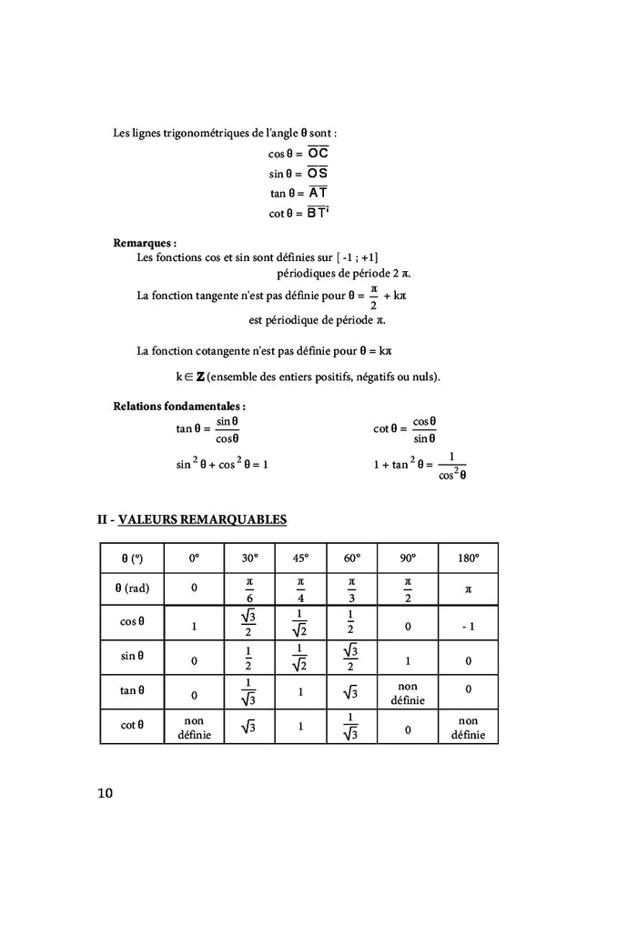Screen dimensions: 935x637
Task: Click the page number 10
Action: click(x=105, y=794)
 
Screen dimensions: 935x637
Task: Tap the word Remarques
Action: click(x=144, y=243)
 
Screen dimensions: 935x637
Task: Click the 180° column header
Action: click(x=468, y=558)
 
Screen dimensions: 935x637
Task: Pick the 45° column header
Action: click(x=300, y=558)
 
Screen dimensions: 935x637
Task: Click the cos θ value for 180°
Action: click(x=468, y=626)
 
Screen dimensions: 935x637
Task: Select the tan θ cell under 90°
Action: click(x=407, y=693)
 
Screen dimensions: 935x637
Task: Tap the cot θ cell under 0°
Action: click(x=194, y=727)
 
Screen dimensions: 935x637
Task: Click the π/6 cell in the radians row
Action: click(x=249, y=588)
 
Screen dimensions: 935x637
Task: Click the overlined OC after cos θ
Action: click(x=318, y=153)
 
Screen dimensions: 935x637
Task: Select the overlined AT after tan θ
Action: click(x=318, y=193)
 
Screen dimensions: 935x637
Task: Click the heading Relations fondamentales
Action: click(x=179, y=406)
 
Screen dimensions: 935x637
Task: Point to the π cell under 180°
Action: click(x=468, y=588)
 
